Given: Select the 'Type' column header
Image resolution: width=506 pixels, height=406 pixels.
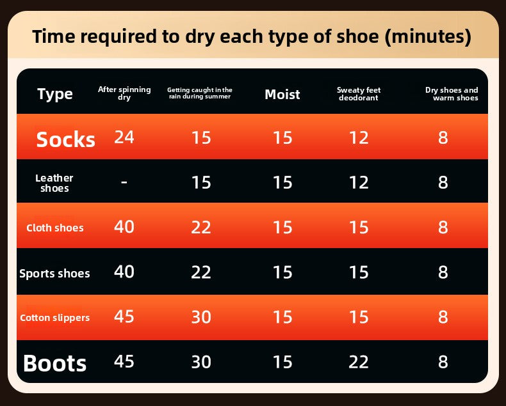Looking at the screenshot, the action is pos(55,94).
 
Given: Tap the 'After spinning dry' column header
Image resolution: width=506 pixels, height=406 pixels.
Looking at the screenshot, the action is pos(124,93).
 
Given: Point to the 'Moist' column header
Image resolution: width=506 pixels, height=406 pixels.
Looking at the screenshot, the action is pos(282,95).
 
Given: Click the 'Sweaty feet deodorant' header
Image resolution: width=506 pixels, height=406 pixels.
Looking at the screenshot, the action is pos(359,94).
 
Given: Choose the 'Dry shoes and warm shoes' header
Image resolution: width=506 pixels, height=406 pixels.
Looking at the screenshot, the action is pos(452,94).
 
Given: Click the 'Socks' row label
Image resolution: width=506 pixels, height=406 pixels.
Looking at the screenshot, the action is pos(66,139).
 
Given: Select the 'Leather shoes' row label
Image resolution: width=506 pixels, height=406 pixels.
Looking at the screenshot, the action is pos(54,183).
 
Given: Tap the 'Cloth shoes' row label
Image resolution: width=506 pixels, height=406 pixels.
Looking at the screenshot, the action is pos(55,228).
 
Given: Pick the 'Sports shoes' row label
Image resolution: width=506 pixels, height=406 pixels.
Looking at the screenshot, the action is pos(54,274).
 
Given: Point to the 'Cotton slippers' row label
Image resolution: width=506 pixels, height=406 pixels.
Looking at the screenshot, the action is pos(55,318).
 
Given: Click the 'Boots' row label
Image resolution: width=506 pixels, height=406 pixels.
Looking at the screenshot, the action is pos(55,363).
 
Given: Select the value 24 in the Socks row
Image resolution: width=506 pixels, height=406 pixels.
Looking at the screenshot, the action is pos(124,137).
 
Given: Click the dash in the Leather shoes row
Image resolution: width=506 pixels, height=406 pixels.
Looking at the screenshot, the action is pos(124,182).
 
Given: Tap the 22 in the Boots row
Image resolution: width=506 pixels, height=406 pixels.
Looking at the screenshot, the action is pos(359,362).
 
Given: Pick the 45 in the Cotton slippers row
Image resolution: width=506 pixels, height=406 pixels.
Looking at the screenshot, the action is pos(124,316).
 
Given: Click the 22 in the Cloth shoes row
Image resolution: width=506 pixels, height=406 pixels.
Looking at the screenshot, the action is pos(201,227).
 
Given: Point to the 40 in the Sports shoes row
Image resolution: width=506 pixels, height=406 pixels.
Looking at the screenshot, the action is pos(124,272).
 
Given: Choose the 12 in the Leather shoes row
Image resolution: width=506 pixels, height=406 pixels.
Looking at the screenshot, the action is pos(359,182).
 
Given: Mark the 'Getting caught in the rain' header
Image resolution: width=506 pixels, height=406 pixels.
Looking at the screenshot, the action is pos(200,93).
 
